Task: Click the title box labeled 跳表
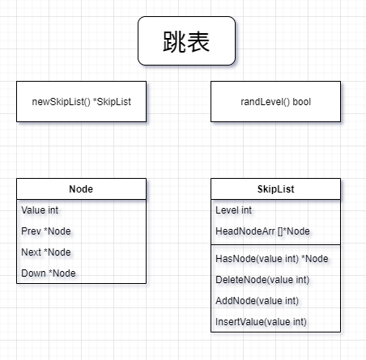186,40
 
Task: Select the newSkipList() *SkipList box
81,101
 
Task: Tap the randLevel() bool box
275,101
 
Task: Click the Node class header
81,189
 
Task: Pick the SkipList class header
275,189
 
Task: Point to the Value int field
40,210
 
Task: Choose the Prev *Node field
46,231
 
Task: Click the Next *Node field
46,252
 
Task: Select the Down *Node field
49,273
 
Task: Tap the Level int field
233,210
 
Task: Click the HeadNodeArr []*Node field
262,231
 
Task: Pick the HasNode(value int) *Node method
272,259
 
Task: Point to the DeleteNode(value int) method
262,280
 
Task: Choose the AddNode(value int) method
257,301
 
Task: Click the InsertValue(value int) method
261,322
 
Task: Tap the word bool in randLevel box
302,102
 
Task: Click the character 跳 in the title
174,41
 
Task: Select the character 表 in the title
198,41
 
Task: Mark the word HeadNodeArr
245,231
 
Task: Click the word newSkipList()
61,102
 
